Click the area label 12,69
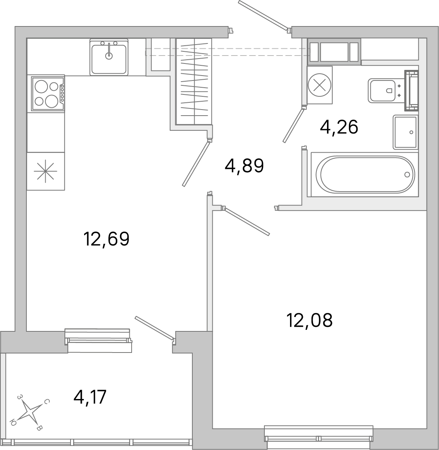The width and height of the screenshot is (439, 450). tap(106, 239)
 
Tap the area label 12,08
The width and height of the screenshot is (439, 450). tap(309, 320)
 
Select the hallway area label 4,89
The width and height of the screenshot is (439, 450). tap(244, 165)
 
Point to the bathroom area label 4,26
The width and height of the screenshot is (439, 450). tap(339, 127)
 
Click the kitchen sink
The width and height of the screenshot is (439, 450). tap(109, 57)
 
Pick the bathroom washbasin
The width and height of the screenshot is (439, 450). tap(405, 132)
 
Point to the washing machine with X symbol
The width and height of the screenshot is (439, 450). tap(319, 85)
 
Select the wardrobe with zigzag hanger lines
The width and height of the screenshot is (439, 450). tap(194, 82)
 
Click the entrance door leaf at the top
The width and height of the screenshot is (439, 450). tap(263, 15)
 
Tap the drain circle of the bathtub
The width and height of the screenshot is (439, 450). tap(407, 174)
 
